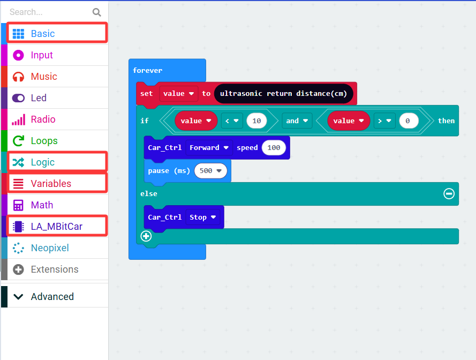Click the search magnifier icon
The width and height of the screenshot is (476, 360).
[96, 12]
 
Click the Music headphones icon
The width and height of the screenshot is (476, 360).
[18, 77]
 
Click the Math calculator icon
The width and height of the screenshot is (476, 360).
[18, 205]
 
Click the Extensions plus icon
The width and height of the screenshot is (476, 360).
[18, 269]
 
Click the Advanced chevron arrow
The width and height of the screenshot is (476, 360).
[18, 297]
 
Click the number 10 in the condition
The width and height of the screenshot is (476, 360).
[256, 121]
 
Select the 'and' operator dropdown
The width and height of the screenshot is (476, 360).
[297, 121]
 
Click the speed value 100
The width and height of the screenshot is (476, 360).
[274, 148]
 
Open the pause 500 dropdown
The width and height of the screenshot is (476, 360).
[210, 171]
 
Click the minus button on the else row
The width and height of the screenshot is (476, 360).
[449, 193]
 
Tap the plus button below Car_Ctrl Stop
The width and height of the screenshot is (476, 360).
[146, 236]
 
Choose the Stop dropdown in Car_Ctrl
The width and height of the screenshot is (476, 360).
[202, 217]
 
